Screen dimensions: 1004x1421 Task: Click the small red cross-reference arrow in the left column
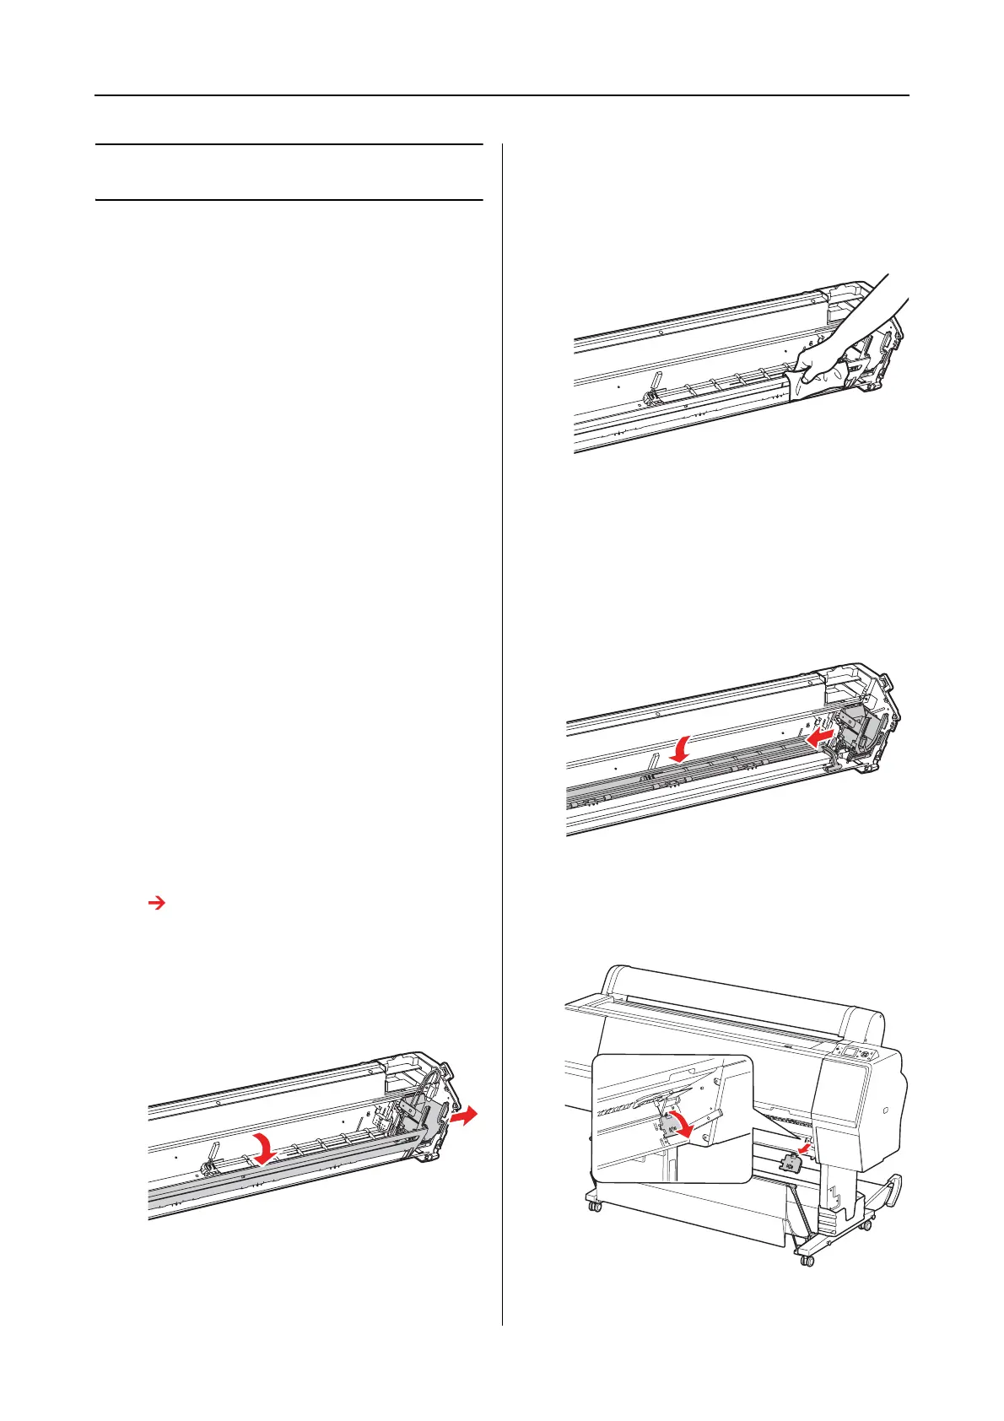coord(155,904)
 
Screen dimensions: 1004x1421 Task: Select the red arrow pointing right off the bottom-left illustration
coord(463,1116)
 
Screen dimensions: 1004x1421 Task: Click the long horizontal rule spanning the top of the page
coord(502,95)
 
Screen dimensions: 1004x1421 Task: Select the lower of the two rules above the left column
coord(289,200)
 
